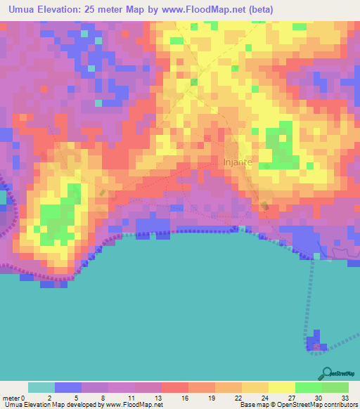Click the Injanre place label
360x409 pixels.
pyautogui.click(x=237, y=163)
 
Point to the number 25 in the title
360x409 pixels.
pyautogui.click(x=107, y=10)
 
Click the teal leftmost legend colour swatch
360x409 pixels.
pyautogui.click(x=41, y=387)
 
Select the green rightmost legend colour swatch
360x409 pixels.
pyautogui.click(x=335, y=387)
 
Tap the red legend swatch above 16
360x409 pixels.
pyautogui.click(x=174, y=387)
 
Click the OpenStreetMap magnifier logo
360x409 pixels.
pyautogui.click(x=325, y=372)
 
